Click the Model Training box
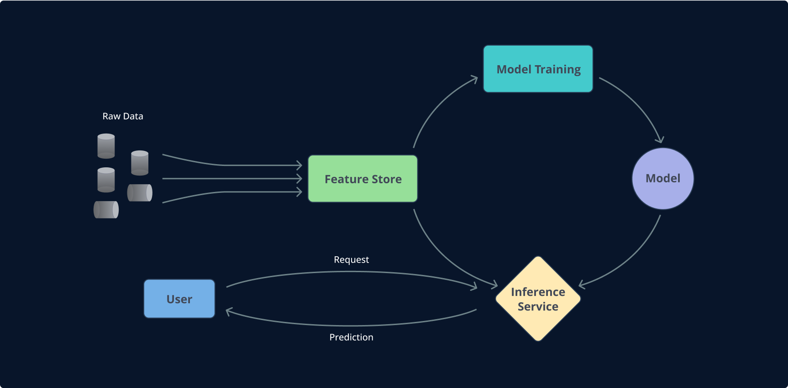(x=538, y=69)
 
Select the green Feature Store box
(x=362, y=179)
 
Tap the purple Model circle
(x=662, y=178)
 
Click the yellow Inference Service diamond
(x=538, y=299)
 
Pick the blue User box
(x=179, y=299)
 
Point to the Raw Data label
(x=122, y=116)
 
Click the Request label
(x=351, y=259)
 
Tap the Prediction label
(x=351, y=337)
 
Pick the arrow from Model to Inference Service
(x=632, y=260)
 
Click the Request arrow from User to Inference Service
(x=352, y=272)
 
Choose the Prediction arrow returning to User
(x=352, y=326)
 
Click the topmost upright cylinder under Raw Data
(x=106, y=146)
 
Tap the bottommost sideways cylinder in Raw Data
(x=106, y=210)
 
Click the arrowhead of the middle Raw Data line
(x=299, y=178)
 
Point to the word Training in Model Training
(x=557, y=69)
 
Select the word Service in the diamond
(x=538, y=306)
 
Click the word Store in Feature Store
(x=386, y=179)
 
